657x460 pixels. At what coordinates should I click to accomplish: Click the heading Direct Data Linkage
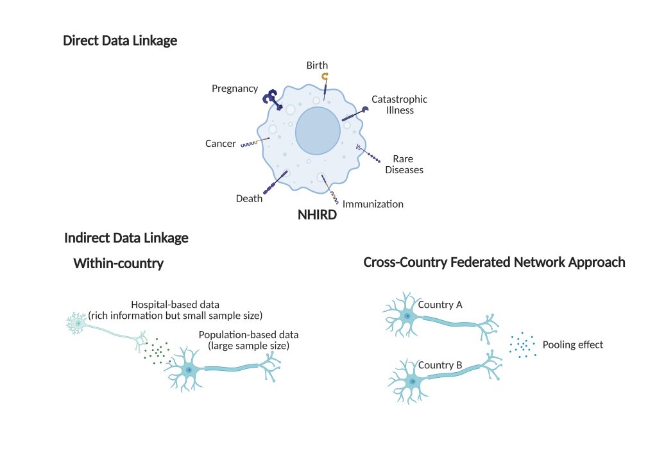click(x=120, y=41)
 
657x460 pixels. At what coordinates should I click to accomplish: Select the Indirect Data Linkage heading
click(x=126, y=238)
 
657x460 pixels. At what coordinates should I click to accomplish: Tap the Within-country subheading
click(x=119, y=263)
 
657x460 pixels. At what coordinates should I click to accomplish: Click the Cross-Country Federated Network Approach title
click(x=494, y=262)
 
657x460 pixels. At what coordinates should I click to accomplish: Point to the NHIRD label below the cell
click(x=317, y=216)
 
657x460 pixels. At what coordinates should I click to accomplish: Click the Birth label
click(x=317, y=65)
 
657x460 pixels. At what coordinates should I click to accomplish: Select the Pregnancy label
click(x=235, y=89)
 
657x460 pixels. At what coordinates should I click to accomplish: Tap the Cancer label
click(x=221, y=144)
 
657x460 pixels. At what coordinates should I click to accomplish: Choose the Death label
click(x=249, y=199)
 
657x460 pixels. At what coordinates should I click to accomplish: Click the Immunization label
click(x=373, y=205)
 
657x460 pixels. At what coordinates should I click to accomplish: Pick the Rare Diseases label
click(x=404, y=164)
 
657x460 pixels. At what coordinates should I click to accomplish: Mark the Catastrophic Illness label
click(x=399, y=105)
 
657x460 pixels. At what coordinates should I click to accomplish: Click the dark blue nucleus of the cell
click(x=318, y=131)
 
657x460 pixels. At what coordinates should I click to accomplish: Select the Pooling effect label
click(x=573, y=345)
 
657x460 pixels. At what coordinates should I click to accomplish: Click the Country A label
click(x=440, y=305)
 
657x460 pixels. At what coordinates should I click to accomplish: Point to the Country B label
click(x=440, y=366)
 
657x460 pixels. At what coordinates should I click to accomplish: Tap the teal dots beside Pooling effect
click(x=522, y=345)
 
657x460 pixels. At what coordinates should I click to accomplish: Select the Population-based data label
click(x=249, y=340)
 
